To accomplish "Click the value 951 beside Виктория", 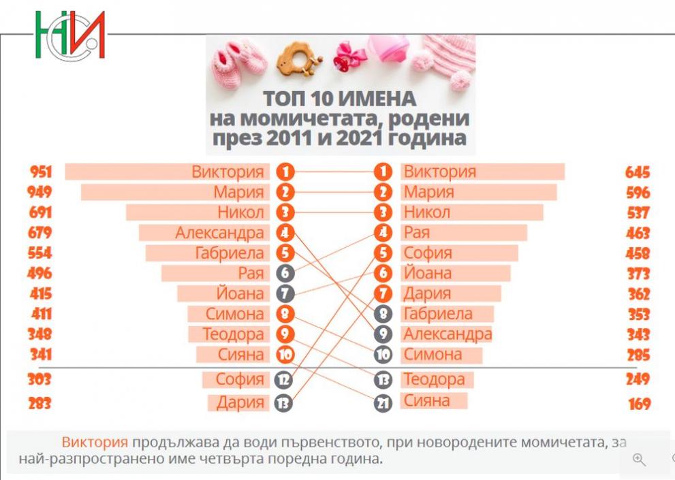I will coord(40,172).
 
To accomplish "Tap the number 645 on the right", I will coord(638,172).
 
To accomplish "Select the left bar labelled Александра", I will coord(204,233).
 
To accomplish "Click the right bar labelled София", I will coord(459,253).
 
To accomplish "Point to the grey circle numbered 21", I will coord(383,403).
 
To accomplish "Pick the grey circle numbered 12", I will coord(283,380).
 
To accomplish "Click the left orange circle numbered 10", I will coord(285,355).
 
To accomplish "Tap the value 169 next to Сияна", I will coord(638,404).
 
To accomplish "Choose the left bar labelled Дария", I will coord(238,402).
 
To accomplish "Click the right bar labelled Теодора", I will coord(437,379).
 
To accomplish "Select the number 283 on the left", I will coord(39,404).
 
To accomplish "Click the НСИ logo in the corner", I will coord(69,34).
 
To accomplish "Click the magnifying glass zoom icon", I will coord(639,460).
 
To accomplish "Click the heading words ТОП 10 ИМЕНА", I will coord(339,97).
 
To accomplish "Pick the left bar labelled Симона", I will coord(227,314).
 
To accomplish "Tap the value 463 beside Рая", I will coord(638,234).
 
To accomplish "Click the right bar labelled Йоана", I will coord(456,274).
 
